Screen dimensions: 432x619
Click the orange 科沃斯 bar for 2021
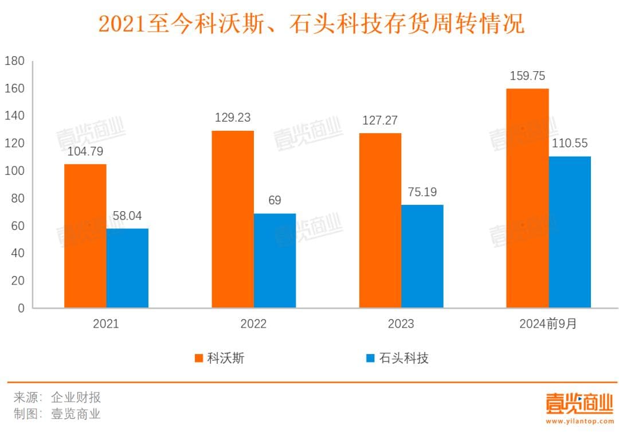(85, 236)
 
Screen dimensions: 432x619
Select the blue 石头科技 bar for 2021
(127, 268)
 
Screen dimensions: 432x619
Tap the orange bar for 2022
(233, 219)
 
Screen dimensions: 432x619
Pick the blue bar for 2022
(275, 260)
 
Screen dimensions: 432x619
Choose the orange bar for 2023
(380, 220)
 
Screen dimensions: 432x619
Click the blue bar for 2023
(422, 256)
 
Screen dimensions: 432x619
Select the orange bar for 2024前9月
(528, 198)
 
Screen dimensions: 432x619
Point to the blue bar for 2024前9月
(570, 232)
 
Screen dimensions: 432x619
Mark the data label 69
(275, 201)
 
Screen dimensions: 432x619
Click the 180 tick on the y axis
(14, 61)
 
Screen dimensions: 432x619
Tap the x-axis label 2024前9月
(548, 324)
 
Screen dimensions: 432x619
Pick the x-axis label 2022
(253, 324)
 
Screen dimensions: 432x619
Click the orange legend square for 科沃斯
(199, 359)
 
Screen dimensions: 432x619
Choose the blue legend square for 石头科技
(370, 359)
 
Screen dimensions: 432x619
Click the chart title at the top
(311, 24)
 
